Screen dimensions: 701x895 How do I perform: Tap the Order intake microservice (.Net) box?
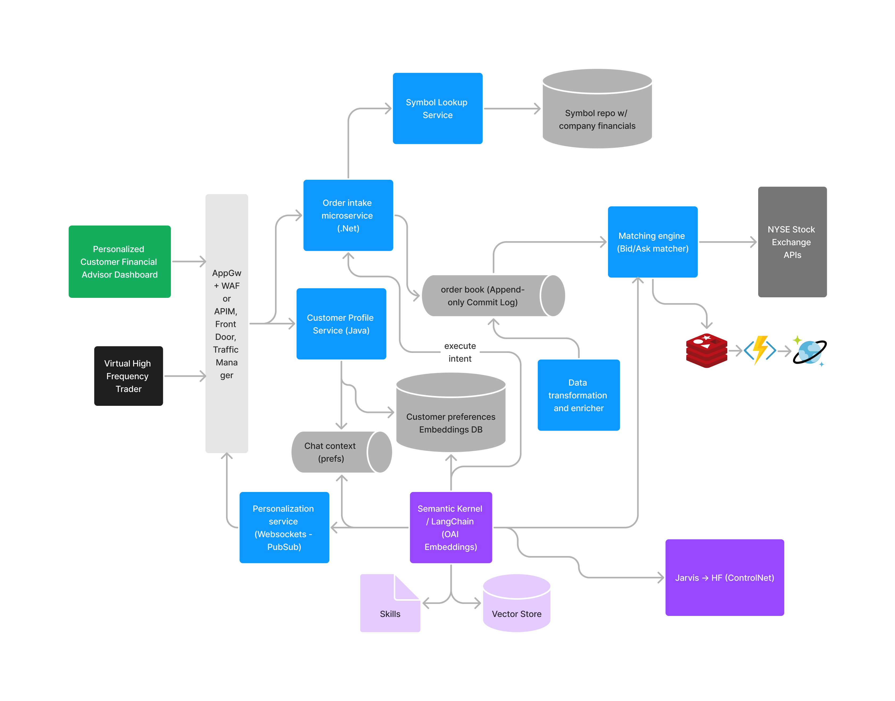tap(348, 215)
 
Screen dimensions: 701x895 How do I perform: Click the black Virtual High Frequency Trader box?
tap(129, 376)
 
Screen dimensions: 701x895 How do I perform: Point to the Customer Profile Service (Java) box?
tap(341, 324)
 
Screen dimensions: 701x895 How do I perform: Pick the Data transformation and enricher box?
tap(578, 395)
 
